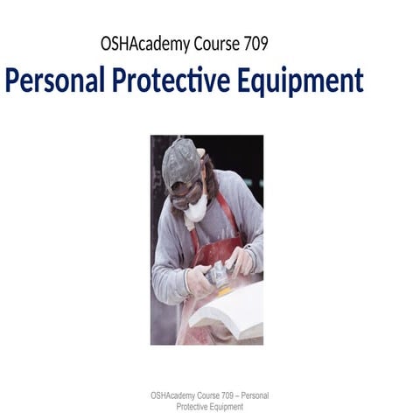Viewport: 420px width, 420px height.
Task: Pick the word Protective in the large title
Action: [173, 81]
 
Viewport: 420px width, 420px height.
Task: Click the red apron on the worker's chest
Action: [215, 249]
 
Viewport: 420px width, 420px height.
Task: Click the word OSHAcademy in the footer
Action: [173, 372]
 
